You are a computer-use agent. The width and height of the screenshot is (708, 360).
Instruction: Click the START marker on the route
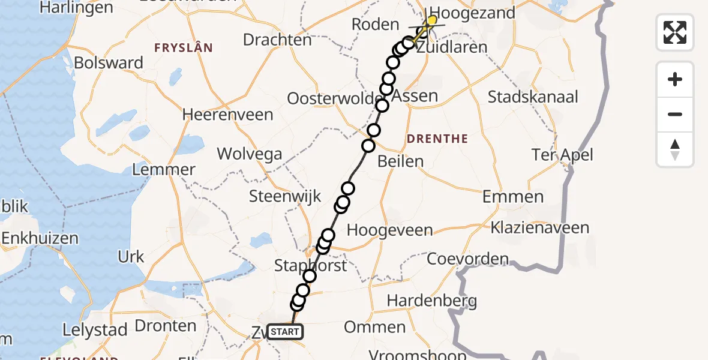coord(285,332)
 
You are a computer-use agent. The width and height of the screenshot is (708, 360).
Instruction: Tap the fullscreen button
coord(675,32)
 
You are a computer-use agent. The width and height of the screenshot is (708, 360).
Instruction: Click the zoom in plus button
coord(675,79)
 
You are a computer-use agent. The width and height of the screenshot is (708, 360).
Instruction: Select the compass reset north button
coord(675,149)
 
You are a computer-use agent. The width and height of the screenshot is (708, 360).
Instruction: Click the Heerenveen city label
coord(227,114)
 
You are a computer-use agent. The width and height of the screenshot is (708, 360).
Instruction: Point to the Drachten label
coord(277,40)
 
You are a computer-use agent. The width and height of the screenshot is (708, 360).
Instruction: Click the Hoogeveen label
coord(389,230)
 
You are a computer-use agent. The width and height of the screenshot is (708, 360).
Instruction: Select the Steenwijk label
coord(285,196)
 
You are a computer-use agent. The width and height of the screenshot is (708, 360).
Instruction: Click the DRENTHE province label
coord(437,139)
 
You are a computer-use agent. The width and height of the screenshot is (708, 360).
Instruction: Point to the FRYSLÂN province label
coord(183,48)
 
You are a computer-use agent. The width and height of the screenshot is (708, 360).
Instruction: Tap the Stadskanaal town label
coord(533,97)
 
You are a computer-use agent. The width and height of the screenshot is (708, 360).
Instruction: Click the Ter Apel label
coord(562,155)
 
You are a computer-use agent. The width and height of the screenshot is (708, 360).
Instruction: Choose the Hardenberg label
coord(432,301)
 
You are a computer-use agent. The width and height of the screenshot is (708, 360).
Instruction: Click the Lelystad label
coord(95,330)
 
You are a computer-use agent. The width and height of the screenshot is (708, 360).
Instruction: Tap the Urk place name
coord(131,257)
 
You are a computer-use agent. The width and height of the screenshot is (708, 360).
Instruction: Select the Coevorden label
coord(467,260)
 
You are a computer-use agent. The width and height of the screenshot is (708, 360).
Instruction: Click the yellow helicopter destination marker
coord(431,21)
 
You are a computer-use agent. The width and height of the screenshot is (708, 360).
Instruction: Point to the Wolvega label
coord(250,154)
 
